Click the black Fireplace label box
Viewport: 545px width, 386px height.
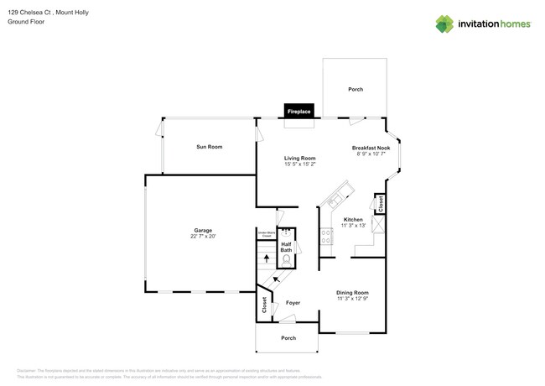pos(299,111)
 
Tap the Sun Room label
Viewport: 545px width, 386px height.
pos(209,147)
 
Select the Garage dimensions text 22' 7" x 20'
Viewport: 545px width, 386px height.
pos(202,237)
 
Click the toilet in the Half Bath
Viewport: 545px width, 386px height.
pos(286,260)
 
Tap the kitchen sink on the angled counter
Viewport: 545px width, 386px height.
pos(335,200)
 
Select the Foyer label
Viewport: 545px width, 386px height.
pos(293,302)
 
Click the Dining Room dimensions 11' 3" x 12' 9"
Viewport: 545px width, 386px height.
pos(353,299)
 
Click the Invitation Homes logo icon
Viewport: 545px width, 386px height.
pos(445,24)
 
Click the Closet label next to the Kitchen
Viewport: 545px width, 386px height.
pos(380,203)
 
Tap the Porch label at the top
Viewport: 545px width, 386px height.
pos(355,89)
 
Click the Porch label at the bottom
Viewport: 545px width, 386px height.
pos(288,338)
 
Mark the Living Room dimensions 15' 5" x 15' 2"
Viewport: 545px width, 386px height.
pos(299,164)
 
